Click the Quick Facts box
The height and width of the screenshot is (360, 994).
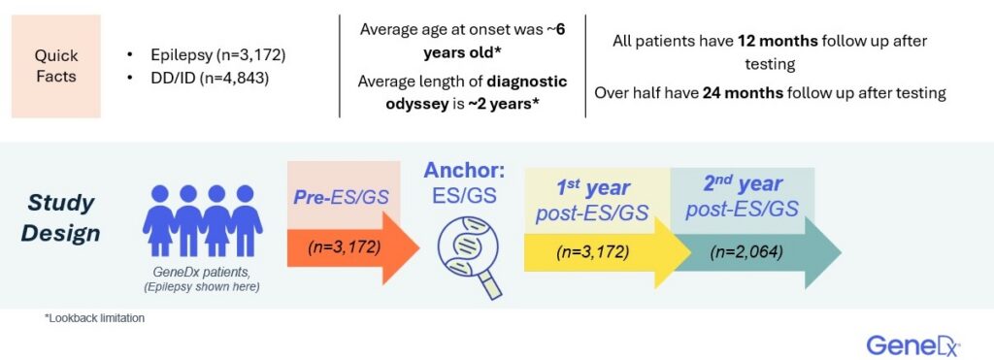click(x=56, y=66)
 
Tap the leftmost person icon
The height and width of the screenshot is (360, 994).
click(x=157, y=221)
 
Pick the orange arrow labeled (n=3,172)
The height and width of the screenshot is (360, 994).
click(x=349, y=246)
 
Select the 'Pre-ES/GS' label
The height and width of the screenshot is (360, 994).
click(x=345, y=197)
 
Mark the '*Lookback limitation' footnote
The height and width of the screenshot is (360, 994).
click(x=95, y=318)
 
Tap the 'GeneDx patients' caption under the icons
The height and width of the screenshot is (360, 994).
click(x=201, y=275)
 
